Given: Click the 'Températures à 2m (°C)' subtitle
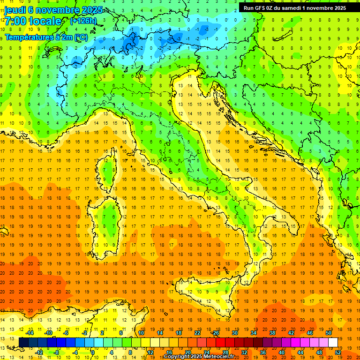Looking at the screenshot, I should [46, 37].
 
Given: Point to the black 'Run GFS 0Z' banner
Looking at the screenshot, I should [292, 7].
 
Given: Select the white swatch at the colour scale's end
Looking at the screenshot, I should [333, 342].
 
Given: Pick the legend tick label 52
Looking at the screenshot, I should [338, 352].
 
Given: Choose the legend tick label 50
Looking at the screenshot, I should [329, 333].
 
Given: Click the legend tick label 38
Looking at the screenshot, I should [272, 333].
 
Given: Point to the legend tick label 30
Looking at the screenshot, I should [235, 333].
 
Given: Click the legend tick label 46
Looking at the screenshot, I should [310, 333].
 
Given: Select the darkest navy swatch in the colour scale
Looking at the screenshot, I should [24, 342].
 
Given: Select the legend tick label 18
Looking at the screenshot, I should [179, 333].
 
